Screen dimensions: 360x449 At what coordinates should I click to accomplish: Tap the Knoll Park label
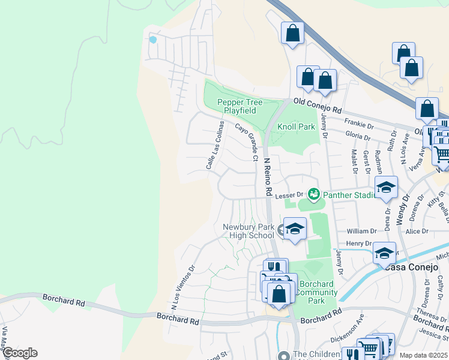[296, 127]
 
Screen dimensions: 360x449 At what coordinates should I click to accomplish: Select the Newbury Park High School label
[248, 231]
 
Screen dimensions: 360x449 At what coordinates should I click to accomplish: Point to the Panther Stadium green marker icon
[313, 194]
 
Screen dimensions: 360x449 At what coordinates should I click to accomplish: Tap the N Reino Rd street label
[269, 178]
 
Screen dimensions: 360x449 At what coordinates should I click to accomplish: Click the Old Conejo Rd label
[317, 106]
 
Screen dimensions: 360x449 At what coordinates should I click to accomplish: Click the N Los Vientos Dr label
[183, 288]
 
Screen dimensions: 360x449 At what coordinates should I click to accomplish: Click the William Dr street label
[362, 230]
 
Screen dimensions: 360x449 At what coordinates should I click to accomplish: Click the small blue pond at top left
[152, 40]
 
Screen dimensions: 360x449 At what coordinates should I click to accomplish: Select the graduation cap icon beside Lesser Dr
[387, 188]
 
